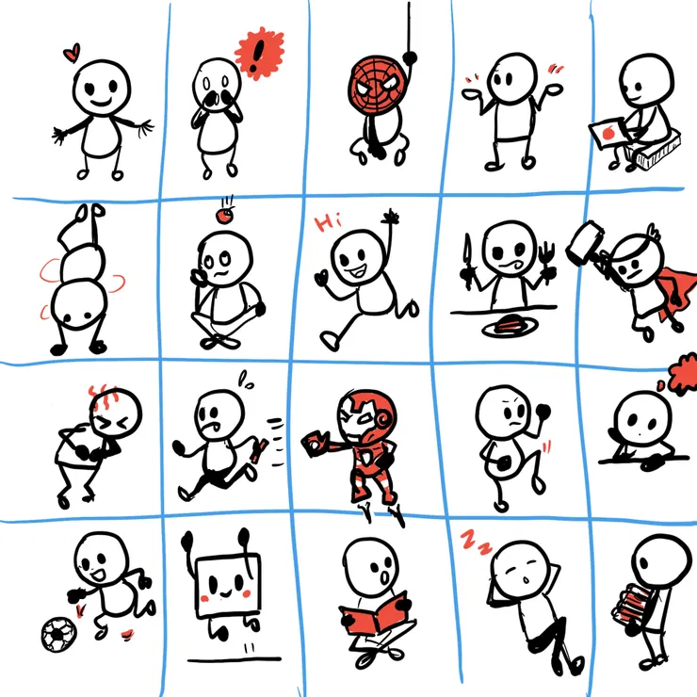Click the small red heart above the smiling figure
point(72,53)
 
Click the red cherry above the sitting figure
point(224,216)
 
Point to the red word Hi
point(328,221)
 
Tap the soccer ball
point(58,634)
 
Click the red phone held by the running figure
point(260,450)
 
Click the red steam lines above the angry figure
point(103,395)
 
